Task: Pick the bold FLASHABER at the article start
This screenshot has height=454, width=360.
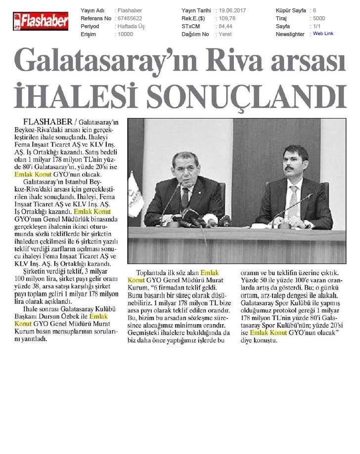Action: point(46,122)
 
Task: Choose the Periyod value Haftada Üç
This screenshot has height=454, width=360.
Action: point(130,26)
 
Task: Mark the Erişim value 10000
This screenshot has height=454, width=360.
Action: point(126,34)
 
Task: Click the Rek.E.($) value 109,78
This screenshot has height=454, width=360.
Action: point(226,18)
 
